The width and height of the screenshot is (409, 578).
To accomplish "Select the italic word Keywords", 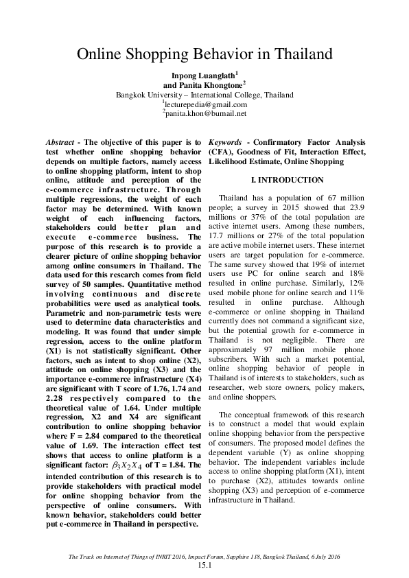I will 226,141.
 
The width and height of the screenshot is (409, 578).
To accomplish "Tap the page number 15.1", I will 204,565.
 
